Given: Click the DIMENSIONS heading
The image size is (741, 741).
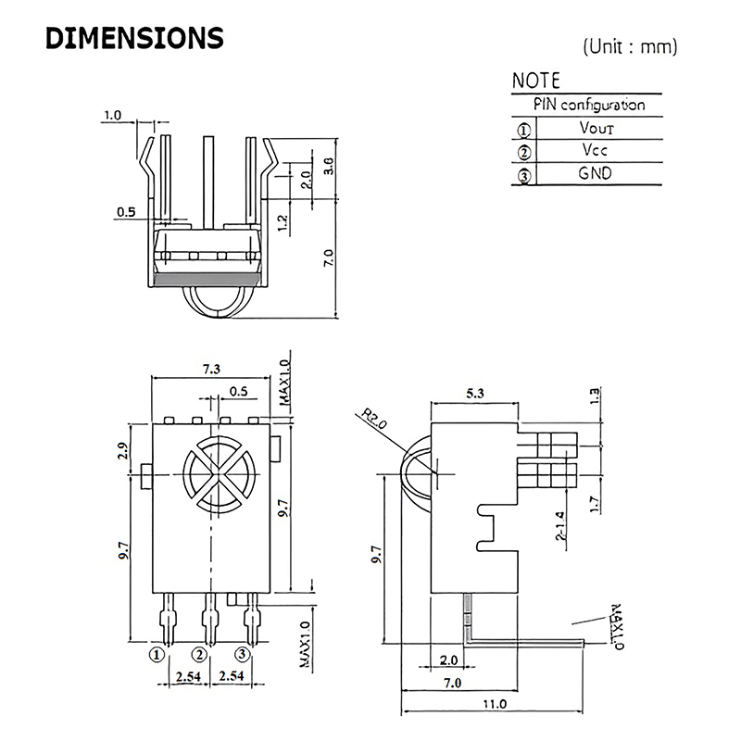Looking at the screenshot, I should (x=134, y=39).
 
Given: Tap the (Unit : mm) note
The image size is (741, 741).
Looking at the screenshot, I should (x=630, y=45).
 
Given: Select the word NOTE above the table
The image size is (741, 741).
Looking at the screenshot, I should (x=536, y=81).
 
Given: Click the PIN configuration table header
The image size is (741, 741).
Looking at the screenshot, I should (x=588, y=105).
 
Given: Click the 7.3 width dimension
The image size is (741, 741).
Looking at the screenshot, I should (x=210, y=369).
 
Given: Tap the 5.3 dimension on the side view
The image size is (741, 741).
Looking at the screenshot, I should (x=476, y=393).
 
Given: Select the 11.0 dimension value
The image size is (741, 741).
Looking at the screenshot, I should (x=495, y=705).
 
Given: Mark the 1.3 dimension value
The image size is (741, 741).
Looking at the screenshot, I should (x=594, y=394).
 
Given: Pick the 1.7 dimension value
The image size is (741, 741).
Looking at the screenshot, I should (x=594, y=506).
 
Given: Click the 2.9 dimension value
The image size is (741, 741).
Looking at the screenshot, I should (x=122, y=452).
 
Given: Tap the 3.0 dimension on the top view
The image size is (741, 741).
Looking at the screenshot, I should (x=327, y=167).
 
